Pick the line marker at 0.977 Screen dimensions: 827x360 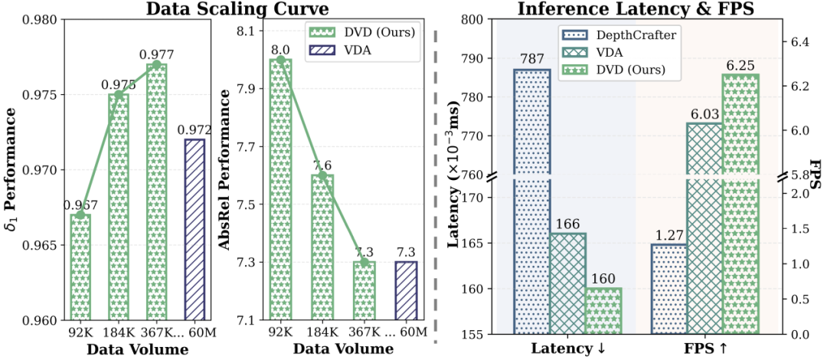point(157,64)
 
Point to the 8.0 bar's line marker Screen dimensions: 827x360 point(280,60)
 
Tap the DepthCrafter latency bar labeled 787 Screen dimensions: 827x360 point(531,201)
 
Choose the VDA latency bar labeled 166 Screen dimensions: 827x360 point(567,283)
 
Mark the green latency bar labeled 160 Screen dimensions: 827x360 point(604,311)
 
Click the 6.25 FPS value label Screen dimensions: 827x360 point(740,65)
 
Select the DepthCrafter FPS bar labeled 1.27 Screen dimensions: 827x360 point(668,289)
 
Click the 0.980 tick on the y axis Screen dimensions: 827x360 point(44,20)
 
